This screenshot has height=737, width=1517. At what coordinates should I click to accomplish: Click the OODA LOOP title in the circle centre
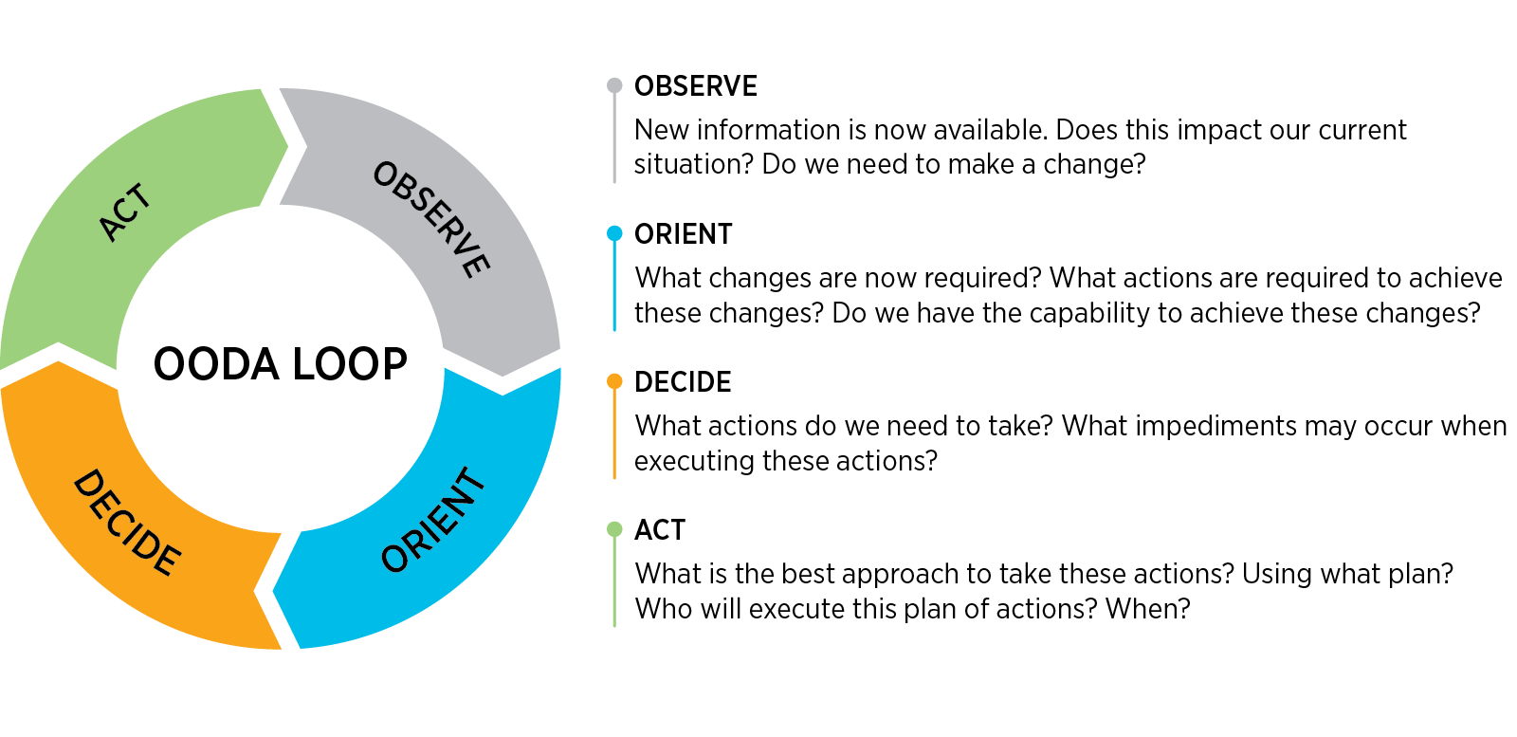pyautogui.click(x=281, y=364)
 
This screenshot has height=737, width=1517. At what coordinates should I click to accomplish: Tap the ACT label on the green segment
pyautogui.click(x=125, y=212)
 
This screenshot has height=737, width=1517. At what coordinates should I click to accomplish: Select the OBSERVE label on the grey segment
pyautogui.click(x=431, y=219)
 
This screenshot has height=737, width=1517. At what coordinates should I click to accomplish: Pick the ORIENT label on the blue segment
pyautogui.click(x=433, y=520)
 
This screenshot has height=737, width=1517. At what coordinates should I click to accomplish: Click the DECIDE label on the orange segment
pyautogui.click(x=127, y=523)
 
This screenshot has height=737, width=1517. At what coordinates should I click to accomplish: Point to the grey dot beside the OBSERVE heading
pyautogui.click(x=614, y=85)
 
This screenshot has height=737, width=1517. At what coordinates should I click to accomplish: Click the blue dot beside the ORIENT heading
pyautogui.click(x=614, y=233)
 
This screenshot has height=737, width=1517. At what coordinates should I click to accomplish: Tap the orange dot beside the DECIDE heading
pyautogui.click(x=614, y=381)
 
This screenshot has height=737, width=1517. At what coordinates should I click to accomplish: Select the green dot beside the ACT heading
pyautogui.click(x=614, y=529)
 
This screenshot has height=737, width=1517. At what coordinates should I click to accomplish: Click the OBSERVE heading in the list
pyautogui.click(x=696, y=86)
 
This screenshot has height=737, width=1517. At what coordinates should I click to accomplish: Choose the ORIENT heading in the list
pyautogui.click(x=684, y=234)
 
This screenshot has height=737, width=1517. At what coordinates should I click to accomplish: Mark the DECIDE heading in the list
pyautogui.click(x=683, y=382)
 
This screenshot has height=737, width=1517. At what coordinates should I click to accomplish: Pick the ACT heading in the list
pyautogui.click(x=660, y=529)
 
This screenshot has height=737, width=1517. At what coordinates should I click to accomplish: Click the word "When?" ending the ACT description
pyautogui.click(x=1148, y=608)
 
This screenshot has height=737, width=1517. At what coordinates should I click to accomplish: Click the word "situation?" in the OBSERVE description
pyautogui.click(x=693, y=164)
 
